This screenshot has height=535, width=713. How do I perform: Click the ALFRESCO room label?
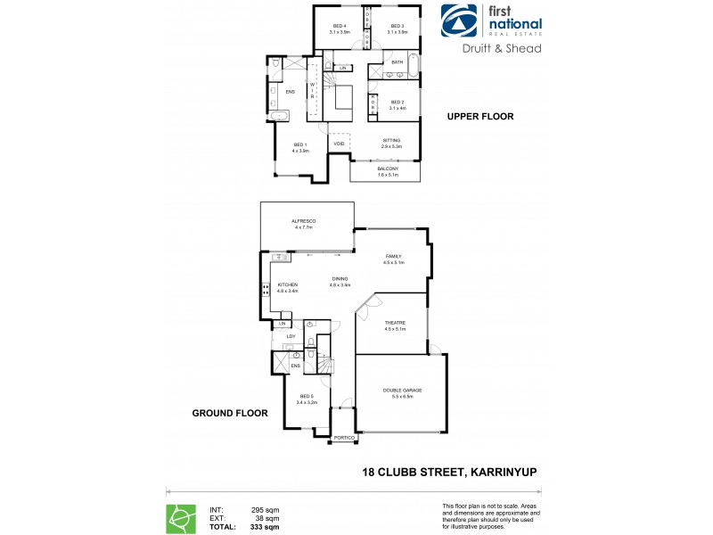coord(304,220)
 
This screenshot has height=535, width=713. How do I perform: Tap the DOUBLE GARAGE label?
coord(402,391)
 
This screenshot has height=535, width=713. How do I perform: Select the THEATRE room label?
coord(394,324)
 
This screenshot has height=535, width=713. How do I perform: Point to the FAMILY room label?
coord(393,256)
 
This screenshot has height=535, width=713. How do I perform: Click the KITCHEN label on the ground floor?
coord(287,285)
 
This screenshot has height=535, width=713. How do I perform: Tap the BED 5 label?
coord(307,396)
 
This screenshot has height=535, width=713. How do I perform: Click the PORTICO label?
coord(345,439)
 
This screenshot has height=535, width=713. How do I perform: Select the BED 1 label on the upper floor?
coord(300,144)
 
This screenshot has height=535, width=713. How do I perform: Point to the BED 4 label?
coord(340,26)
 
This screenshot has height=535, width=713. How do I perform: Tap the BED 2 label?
coord(397,103)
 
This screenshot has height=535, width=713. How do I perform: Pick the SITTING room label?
coord(391,140)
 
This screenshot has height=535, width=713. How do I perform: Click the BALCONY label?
coord(386,169)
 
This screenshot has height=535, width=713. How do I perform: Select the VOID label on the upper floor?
coord(339,144)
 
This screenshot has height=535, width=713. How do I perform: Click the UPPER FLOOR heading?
coord(480,117)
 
